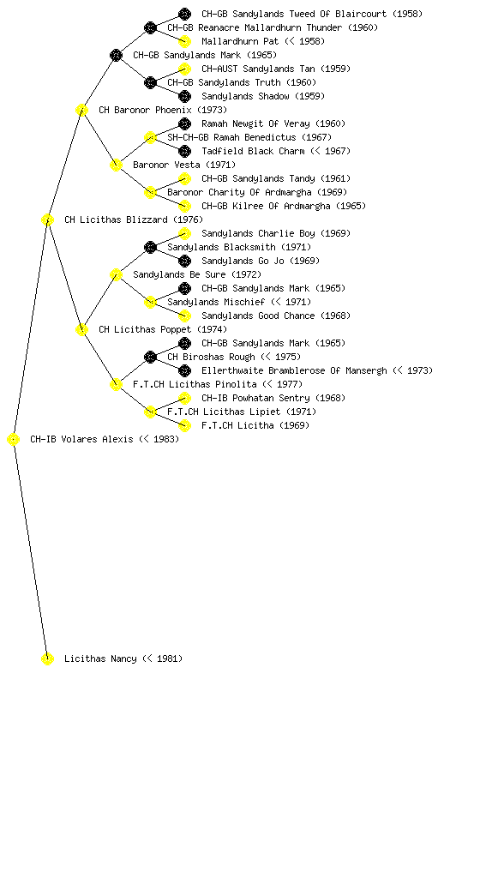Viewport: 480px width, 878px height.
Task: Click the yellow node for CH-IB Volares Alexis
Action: click(14, 440)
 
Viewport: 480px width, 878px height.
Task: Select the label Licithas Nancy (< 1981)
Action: click(123, 659)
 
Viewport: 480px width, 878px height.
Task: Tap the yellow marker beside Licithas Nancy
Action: click(47, 659)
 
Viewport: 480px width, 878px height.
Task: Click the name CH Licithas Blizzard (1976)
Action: click(133, 220)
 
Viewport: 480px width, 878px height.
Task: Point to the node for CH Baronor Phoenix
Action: click(81, 111)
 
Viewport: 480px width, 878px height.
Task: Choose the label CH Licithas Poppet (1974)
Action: click(163, 330)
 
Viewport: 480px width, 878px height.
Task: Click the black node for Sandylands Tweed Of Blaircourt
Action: click(184, 14)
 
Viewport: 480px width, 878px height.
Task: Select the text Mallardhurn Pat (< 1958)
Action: click(263, 41)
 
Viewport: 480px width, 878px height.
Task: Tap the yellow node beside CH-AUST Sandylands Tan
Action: click(184, 69)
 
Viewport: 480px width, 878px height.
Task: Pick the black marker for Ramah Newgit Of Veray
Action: click(184, 123)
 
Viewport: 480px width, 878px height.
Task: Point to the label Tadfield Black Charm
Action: click(253, 151)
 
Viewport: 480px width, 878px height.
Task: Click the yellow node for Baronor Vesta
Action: click(116, 165)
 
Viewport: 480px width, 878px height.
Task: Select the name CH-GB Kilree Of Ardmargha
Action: click(266, 206)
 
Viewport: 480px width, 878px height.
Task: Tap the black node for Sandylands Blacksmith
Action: click(150, 247)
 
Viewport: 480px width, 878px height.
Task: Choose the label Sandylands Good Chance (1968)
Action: click(276, 316)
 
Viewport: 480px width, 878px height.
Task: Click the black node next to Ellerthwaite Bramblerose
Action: click(184, 370)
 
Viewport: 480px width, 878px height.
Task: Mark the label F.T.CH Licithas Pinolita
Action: click(195, 385)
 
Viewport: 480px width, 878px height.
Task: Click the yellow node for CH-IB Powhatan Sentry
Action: click(184, 398)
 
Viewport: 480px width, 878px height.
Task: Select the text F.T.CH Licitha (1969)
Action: click(255, 425)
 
